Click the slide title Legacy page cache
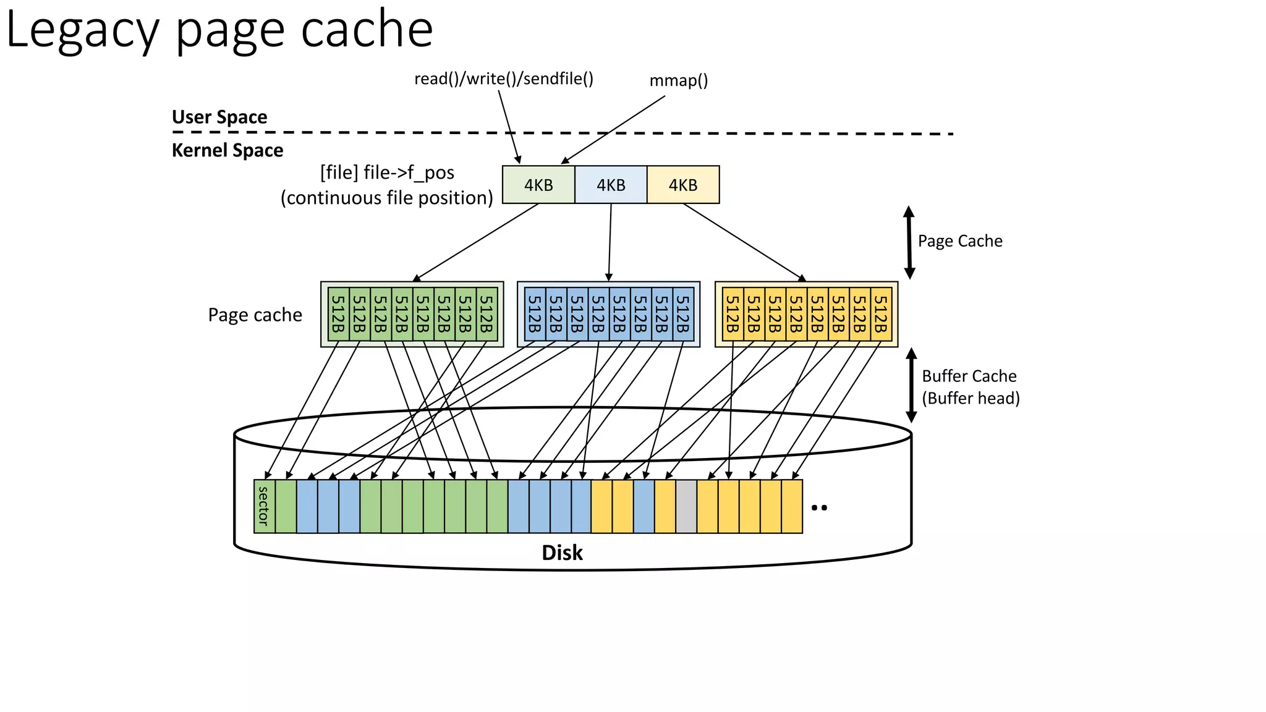(x=219, y=30)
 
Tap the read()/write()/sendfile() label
(x=503, y=79)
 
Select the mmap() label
(x=678, y=81)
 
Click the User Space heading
(x=219, y=117)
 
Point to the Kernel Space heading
(x=227, y=150)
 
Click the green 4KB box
(x=538, y=185)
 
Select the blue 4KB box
(x=611, y=185)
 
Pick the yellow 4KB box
(x=683, y=185)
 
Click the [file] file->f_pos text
(x=387, y=172)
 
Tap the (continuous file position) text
(x=387, y=198)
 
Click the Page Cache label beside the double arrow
(x=959, y=241)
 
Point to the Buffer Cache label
(x=969, y=376)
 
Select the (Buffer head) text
(x=971, y=398)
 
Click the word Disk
(x=562, y=553)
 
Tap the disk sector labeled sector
(x=264, y=506)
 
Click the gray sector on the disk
(x=686, y=506)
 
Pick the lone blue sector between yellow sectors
(x=644, y=506)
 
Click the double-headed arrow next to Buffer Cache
(x=911, y=385)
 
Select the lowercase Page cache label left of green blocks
(x=255, y=315)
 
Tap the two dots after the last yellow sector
(x=819, y=507)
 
